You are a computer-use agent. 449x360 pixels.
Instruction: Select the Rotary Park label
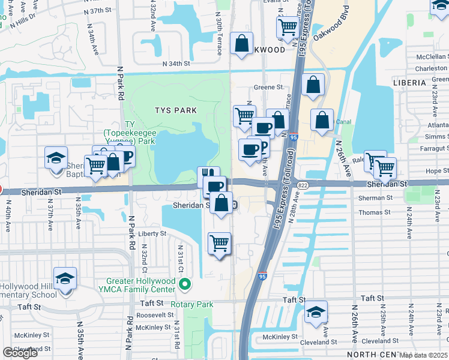(192, 305)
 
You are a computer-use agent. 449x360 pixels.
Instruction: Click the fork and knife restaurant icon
(208, 175)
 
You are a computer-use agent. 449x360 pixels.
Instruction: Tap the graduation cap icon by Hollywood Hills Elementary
(65, 279)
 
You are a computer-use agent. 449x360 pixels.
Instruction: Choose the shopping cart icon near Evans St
(288, 27)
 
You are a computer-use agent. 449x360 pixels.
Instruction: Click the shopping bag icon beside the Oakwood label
(241, 44)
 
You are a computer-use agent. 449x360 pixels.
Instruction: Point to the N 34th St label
(176, 63)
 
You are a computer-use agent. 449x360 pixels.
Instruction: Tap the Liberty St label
(151, 233)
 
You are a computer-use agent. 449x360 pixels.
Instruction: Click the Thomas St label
(374, 212)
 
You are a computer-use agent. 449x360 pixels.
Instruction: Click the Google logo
(20, 353)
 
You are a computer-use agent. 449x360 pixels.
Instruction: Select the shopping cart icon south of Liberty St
(219, 243)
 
